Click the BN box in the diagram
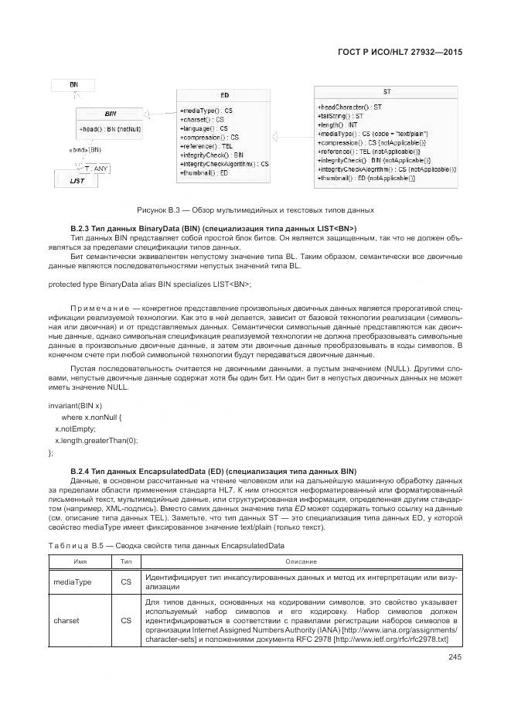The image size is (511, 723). coord(73,84)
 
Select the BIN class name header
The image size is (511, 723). coord(111,113)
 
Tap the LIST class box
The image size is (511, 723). coord(77,180)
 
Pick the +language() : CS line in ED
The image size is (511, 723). coord(204,128)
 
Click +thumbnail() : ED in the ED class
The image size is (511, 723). coord(204,173)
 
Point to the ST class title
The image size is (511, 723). coord(387,92)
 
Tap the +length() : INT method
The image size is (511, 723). coord(338,124)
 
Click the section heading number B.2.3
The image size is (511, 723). coord(81,228)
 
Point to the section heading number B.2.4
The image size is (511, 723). coord(81,470)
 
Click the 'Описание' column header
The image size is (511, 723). coord(301,561)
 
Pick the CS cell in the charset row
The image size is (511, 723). coord(126,620)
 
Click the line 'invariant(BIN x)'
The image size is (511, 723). coord(75,405)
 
